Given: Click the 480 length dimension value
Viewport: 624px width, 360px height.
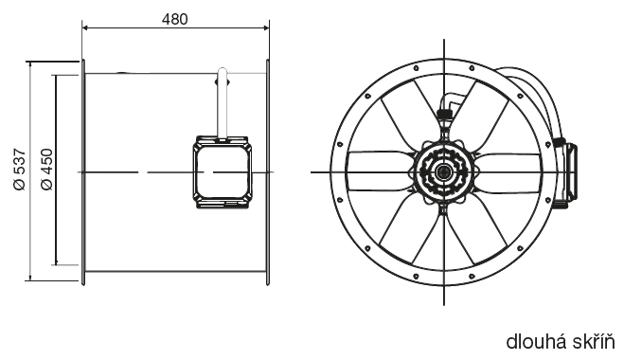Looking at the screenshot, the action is pyautogui.click(x=174, y=19).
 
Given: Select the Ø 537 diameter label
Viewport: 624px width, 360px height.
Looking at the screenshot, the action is pyautogui.click(x=20, y=170).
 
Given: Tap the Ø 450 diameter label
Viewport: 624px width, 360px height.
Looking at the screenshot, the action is pyautogui.click(x=47, y=170).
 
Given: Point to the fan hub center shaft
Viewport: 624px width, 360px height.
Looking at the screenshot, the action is pyautogui.click(x=442, y=172).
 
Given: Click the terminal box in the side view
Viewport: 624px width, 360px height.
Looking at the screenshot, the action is pyautogui.click(x=223, y=172).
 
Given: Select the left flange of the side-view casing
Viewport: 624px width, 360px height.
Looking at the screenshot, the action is pyautogui.click(x=83, y=172).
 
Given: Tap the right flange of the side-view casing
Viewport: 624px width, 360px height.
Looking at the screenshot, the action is pyautogui.click(x=268, y=172).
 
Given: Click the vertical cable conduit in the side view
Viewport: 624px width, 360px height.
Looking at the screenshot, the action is pyautogui.click(x=223, y=103).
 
